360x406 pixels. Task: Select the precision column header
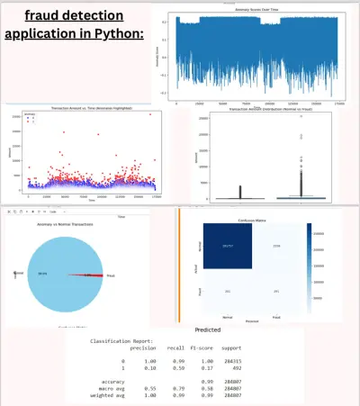[x=150, y=349]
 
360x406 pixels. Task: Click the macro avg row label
[x=108, y=388]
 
